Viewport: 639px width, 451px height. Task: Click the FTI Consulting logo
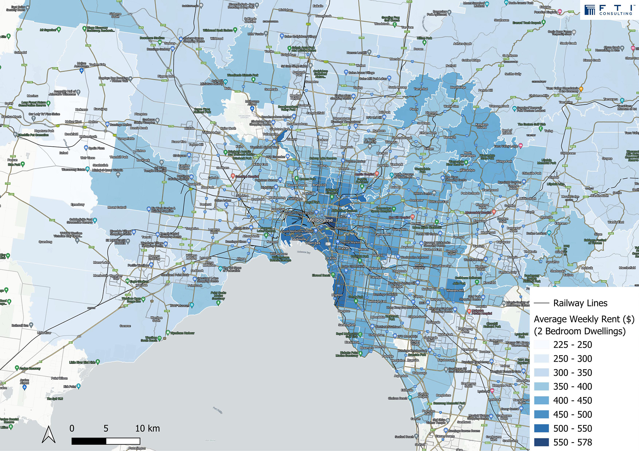[609, 10]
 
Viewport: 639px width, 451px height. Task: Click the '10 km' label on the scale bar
[147, 428]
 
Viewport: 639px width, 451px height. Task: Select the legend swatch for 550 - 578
[541, 442]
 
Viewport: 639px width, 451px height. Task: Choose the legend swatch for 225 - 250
[541, 344]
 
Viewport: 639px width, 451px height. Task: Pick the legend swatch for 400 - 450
[541, 400]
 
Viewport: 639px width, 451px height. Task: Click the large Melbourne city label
[320, 220]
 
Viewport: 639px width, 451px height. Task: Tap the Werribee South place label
[156, 319]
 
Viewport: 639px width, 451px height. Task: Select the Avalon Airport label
[24, 381]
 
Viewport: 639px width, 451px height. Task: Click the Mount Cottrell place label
[117, 207]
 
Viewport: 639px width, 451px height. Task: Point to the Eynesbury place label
[78, 204]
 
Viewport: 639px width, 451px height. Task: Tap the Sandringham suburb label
[347, 325]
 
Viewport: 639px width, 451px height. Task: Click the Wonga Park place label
[504, 161]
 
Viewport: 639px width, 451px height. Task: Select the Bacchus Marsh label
[11, 117]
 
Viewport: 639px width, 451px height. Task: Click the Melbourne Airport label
[252, 103]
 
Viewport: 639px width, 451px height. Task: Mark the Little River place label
[44, 333]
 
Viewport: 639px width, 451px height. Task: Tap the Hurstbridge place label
[458, 87]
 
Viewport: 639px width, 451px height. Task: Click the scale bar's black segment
[89, 441]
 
